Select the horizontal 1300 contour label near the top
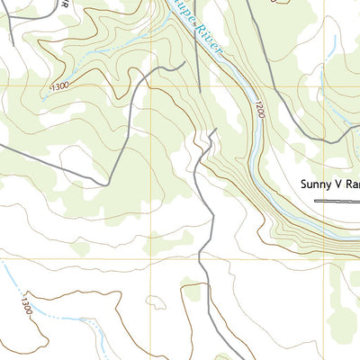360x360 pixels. point(60,85)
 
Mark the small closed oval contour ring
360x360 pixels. point(155,304)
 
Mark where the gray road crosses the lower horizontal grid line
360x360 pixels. point(210,260)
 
